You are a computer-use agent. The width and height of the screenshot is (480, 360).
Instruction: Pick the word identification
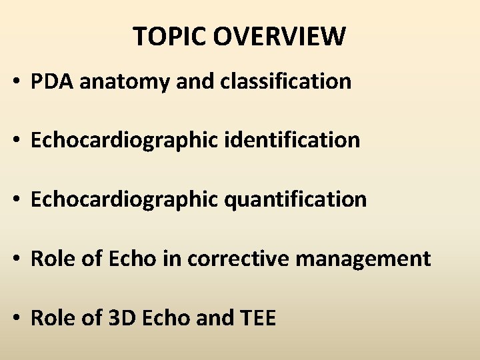(x=293, y=140)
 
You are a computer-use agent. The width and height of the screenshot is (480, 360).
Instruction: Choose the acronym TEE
(x=256, y=317)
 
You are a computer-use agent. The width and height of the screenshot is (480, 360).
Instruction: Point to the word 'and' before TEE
(x=212, y=317)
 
